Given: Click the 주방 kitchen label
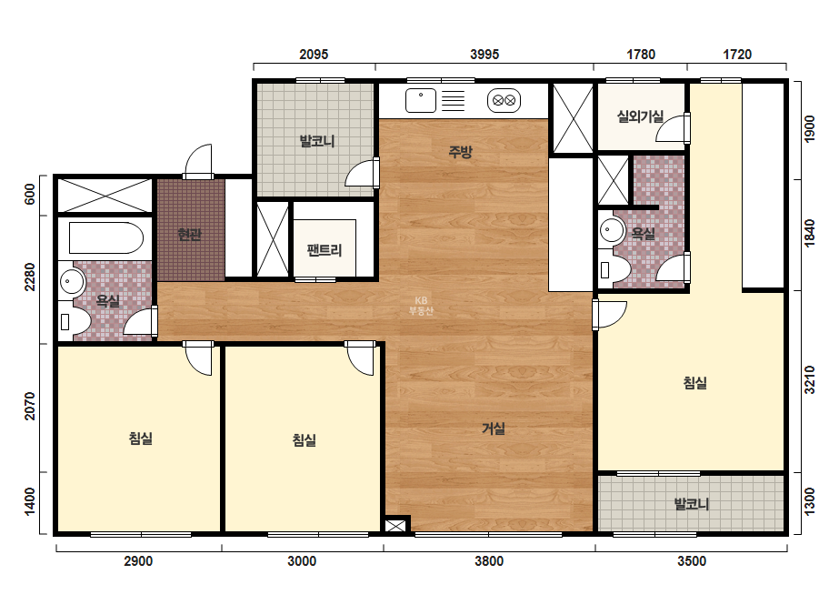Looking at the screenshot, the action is (460, 152).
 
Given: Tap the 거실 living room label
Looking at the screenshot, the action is (494, 428).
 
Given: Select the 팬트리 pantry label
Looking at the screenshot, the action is (325, 249).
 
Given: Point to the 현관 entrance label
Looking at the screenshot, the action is (190, 234).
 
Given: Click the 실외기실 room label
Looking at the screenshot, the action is (641, 116).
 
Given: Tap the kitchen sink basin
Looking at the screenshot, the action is (421, 101).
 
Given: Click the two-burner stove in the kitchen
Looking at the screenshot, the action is (504, 100).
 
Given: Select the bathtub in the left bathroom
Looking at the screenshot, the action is (106, 237).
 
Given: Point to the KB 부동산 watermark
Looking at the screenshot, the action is (421, 306).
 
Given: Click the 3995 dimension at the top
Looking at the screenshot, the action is (484, 54).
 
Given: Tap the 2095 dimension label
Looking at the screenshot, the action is (314, 54).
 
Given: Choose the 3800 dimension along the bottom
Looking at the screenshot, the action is (489, 561).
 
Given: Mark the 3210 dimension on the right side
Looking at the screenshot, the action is (810, 379).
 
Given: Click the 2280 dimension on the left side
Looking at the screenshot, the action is (30, 277).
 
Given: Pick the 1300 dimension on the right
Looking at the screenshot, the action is (810, 502).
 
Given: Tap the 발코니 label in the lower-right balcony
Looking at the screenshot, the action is (692, 504).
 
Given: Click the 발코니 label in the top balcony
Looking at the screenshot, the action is (316, 141).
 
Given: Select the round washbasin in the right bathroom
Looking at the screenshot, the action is (612, 230).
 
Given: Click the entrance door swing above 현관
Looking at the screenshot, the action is (198, 161).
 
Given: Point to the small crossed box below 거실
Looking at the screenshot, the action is (395, 526).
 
